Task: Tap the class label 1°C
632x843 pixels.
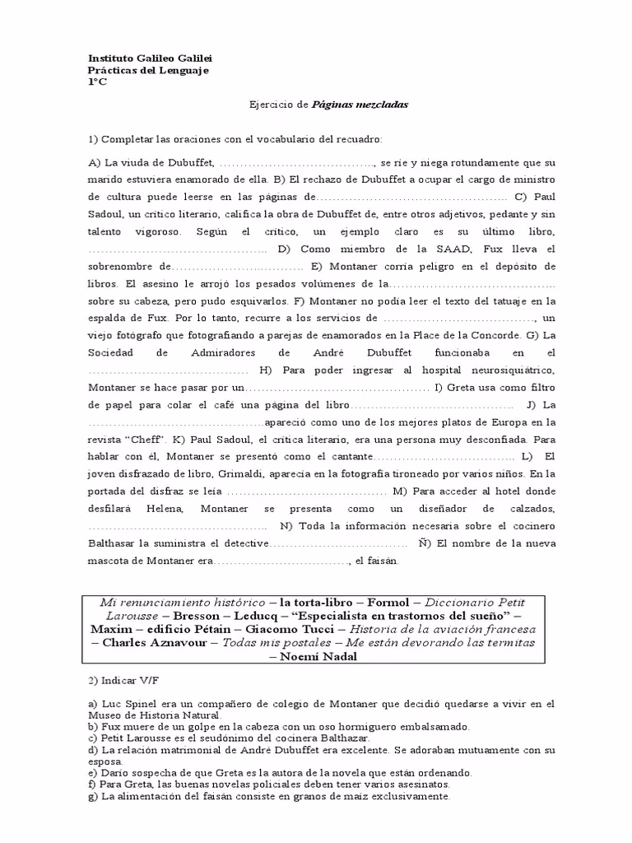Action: pos(97,83)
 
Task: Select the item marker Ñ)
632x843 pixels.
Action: pos(424,543)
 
